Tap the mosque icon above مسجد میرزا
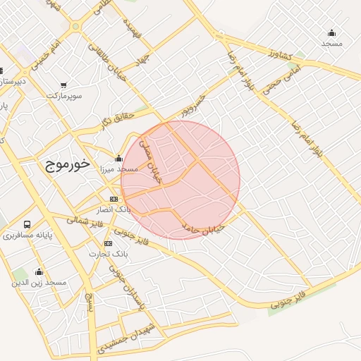click(x=118, y=159)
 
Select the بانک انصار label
click(x=113, y=210)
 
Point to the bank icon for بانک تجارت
click(x=109, y=243)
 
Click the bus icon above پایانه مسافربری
click(x=27, y=225)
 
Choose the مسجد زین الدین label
click(x=38, y=282)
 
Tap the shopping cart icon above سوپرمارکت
click(x=63, y=85)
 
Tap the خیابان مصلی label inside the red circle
click(x=151, y=161)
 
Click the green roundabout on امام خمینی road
click(x=75, y=27)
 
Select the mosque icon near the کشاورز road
click(x=331, y=33)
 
